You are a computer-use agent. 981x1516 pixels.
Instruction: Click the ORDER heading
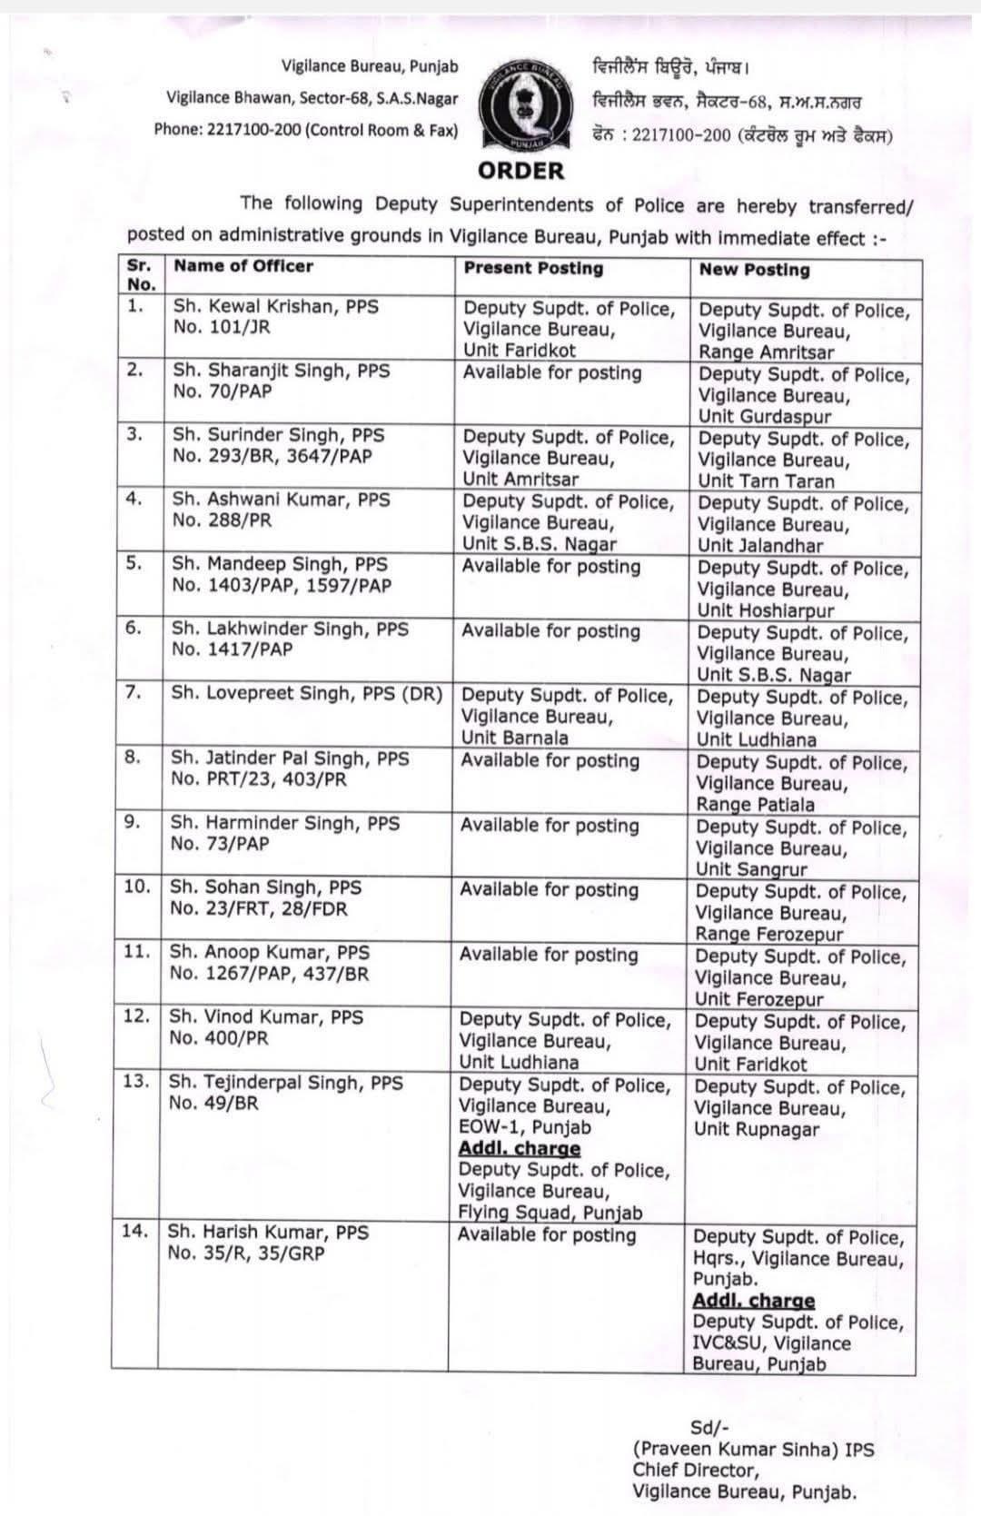[520, 170]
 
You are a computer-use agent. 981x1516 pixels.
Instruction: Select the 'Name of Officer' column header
[243, 266]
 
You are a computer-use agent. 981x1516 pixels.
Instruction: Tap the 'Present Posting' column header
[533, 268]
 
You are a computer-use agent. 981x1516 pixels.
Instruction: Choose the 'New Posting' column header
[754, 270]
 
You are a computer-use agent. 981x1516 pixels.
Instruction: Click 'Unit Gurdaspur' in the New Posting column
[765, 417]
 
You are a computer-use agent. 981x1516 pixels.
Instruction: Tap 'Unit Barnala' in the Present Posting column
[514, 738]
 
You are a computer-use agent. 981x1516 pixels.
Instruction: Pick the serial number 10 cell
[136, 887]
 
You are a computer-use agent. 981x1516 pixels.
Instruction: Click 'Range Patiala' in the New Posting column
[755, 805]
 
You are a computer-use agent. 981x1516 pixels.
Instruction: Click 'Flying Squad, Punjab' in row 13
[550, 1213]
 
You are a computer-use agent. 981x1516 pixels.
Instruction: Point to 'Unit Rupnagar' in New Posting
[756, 1130]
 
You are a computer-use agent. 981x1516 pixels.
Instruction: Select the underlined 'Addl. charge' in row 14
[753, 1302]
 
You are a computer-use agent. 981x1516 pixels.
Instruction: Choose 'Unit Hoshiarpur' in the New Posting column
[765, 611]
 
